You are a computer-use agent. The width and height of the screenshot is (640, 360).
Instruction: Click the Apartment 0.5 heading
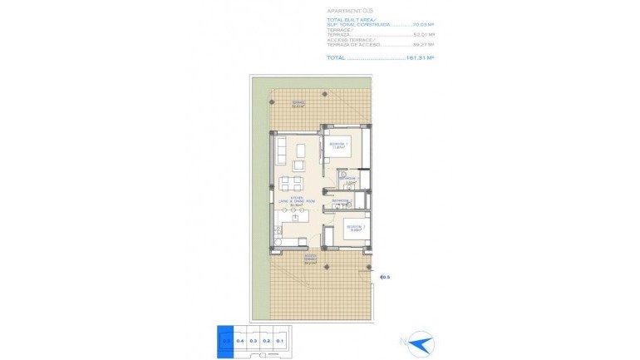click(x=350, y=10)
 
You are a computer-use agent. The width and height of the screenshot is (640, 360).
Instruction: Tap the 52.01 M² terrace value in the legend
click(x=425, y=36)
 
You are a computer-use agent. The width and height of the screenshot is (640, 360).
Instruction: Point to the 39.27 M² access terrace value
click(x=425, y=46)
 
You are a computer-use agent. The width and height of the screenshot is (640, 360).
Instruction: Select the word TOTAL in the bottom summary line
click(x=337, y=58)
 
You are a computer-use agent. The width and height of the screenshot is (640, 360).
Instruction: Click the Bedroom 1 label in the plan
click(x=337, y=146)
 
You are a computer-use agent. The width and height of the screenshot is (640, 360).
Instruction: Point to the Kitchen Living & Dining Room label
click(x=290, y=200)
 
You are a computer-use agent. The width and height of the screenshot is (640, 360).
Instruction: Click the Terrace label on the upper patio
click(x=298, y=105)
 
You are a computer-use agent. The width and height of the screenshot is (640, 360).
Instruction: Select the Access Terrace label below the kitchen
click(x=311, y=259)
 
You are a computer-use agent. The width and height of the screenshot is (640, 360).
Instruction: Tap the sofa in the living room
click(x=282, y=150)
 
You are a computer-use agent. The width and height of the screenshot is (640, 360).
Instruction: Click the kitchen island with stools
click(x=292, y=218)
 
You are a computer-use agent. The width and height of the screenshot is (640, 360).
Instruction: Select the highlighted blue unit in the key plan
click(x=225, y=338)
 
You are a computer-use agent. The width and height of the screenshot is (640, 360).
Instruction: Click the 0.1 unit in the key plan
click(x=280, y=338)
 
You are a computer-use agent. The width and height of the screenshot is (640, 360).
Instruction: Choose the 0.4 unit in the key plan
click(x=239, y=338)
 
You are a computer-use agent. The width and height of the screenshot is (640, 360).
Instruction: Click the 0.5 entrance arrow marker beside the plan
click(x=384, y=278)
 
